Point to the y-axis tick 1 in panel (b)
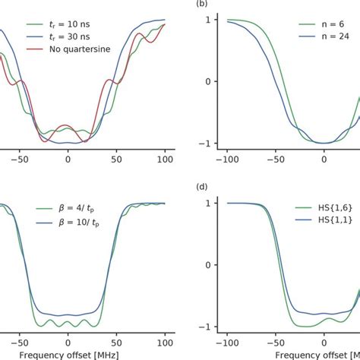point(207,19)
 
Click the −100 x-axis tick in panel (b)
point(228,162)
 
